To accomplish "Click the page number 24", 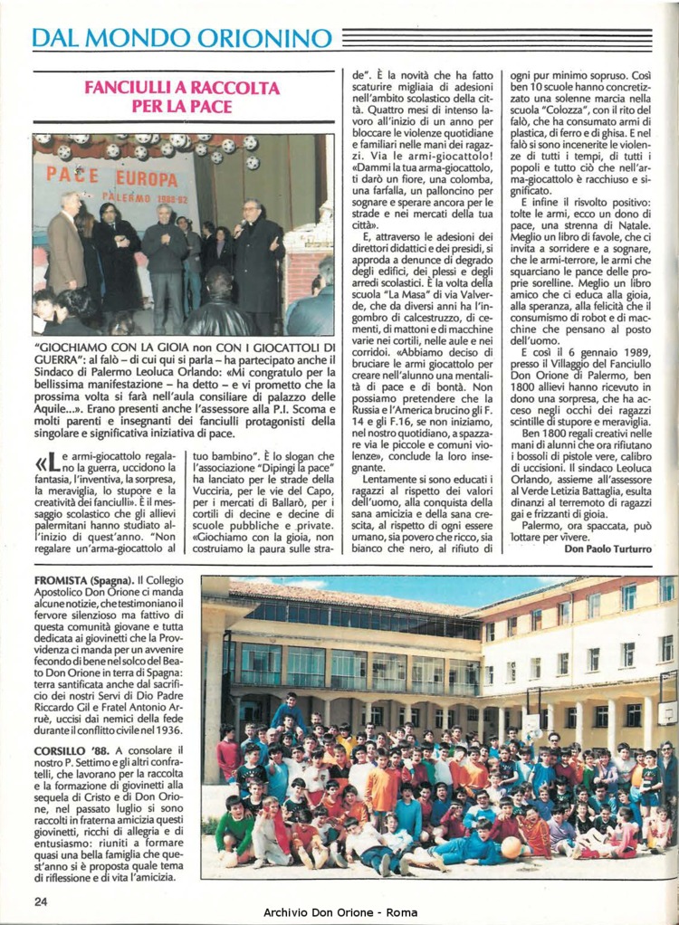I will (41, 901).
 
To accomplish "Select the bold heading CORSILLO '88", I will (72, 750).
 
